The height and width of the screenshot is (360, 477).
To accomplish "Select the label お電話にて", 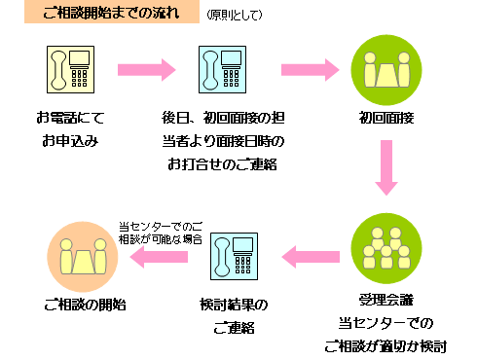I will click(x=69, y=118).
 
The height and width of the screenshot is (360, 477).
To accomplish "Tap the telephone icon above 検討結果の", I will click(x=233, y=257).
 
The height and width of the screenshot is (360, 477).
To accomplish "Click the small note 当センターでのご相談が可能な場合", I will click(x=161, y=231).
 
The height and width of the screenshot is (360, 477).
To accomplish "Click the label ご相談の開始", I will click(x=85, y=304).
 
